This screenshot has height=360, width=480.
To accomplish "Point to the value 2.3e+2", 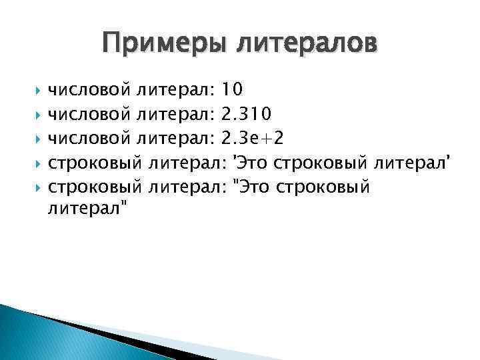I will tap(255, 137).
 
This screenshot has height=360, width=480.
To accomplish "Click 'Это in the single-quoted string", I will tap(249, 163).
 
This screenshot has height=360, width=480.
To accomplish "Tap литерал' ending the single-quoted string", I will tap(415, 163).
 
